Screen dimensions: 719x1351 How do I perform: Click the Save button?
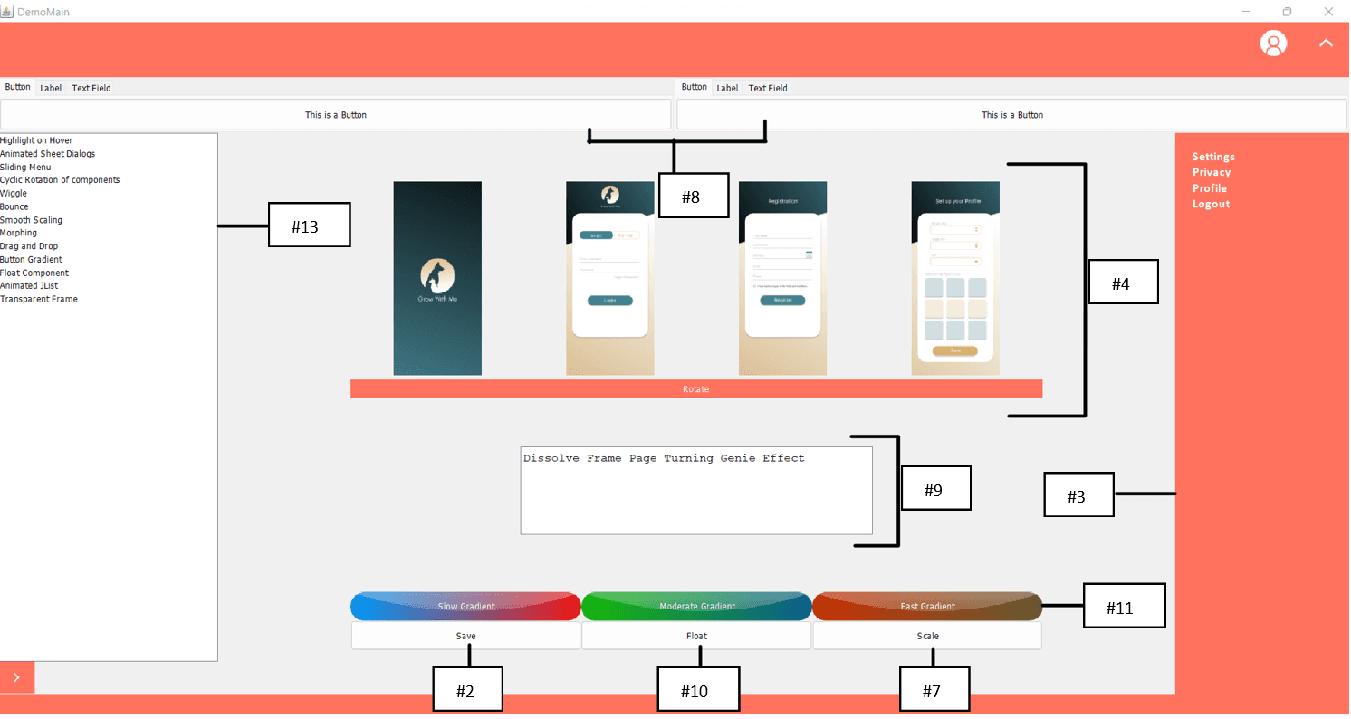pyautogui.click(x=465, y=636)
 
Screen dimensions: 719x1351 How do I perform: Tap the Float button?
pyautogui.click(x=696, y=636)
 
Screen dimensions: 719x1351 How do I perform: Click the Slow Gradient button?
pyautogui.click(x=465, y=606)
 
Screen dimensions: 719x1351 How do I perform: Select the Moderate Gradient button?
pyautogui.click(x=696, y=606)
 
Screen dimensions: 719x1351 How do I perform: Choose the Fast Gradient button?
pyautogui.click(x=927, y=606)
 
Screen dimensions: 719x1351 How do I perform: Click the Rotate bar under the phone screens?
pyautogui.click(x=695, y=389)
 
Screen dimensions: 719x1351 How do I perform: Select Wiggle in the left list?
pyautogui.click(x=14, y=194)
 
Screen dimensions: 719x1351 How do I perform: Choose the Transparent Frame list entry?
pyautogui.click(x=39, y=299)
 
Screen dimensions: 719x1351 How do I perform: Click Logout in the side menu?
pyautogui.click(x=1211, y=205)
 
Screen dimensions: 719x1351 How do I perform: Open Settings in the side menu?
pyautogui.click(x=1213, y=157)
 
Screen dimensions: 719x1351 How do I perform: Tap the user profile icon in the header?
pyautogui.click(x=1273, y=43)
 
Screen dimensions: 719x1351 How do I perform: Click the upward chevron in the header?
pyautogui.click(x=1326, y=43)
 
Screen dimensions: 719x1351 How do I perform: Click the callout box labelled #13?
pyautogui.click(x=308, y=225)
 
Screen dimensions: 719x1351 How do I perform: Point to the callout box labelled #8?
pyautogui.click(x=693, y=196)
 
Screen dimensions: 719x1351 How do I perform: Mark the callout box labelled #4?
pyautogui.click(x=1122, y=282)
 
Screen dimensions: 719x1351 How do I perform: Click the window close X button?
pyautogui.click(x=1328, y=12)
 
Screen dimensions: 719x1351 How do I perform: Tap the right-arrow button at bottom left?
pyautogui.click(x=17, y=676)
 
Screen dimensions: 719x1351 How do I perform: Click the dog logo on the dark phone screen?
pyautogui.click(x=437, y=275)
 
